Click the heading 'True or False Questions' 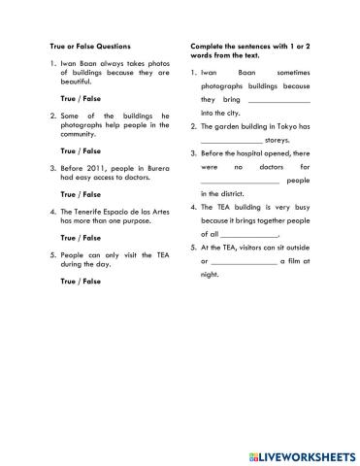point(89,46)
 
